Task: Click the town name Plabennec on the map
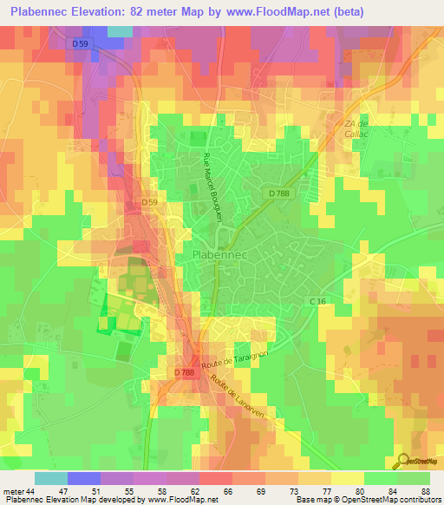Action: click(x=217, y=257)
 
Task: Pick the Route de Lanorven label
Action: click(x=232, y=394)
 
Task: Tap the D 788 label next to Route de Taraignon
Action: click(x=184, y=372)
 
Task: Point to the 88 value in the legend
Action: click(x=425, y=490)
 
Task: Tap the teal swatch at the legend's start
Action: click(x=51, y=478)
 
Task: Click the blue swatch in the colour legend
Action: click(x=84, y=478)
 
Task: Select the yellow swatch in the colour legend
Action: click(x=348, y=478)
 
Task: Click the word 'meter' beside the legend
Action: click(x=12, y=490)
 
